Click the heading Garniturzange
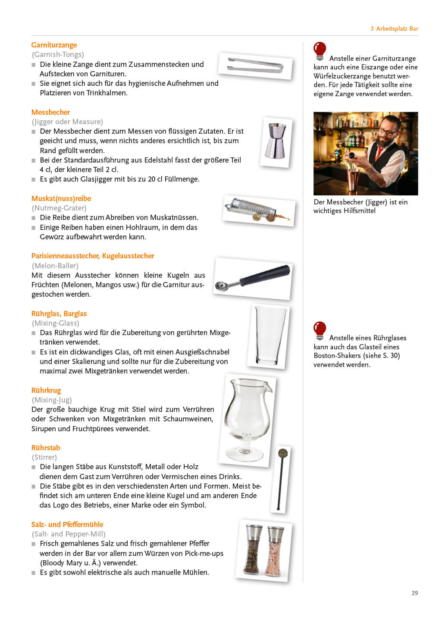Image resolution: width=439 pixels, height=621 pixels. pyautogui.click(x=54, y=45)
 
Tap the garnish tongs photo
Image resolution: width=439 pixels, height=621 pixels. pyautogui.click(x=255, y=66)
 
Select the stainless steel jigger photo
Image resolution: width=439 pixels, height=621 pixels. pyautogui.click(x=276, y=142)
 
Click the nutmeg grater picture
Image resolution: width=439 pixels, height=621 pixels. pyautogui.click(x=258, y=210)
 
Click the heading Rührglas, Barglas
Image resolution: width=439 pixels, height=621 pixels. pyautogui.click(x=59, y=314)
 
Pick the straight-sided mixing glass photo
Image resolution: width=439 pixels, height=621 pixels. pyautogui.click(x=269, y=336)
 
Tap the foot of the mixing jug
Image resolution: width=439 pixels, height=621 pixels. pyautogui.click(x=245, y=454)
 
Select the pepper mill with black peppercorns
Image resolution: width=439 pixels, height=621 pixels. pyautogui.click(x=253, y=549)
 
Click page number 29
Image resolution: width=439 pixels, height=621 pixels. pyautogui.click(x=414, y=593)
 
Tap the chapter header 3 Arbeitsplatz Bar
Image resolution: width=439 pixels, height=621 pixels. pyautogui.click(x=394, y=28)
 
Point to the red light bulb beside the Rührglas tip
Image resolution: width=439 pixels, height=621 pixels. pyautogui.click(x=320, y=330)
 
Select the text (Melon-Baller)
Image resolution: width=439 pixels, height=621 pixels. pyautogui.click(x=55, y=266)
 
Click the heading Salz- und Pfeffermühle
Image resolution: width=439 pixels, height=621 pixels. pyautogui.click(x=67, y=524)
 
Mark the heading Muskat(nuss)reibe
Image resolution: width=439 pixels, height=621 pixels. pyautogui.click(x=61, y=198)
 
